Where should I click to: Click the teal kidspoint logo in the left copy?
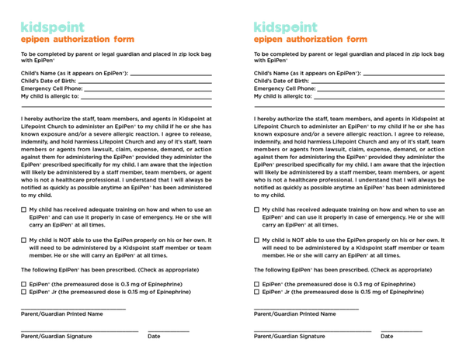click(x=52, y=27)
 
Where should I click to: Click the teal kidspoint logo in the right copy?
click(x=285, y=27)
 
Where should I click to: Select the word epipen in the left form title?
click(x=34, y=40)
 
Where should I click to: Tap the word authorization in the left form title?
click(x=82, y=40)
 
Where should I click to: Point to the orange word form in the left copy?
click(x=124, y=40)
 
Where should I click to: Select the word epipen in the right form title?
click(x=267, y=40)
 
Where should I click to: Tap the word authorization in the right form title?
click(x=315, y=40)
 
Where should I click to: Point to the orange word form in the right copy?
click(x=357, y=40)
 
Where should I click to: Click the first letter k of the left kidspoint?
click(x=23, y=27)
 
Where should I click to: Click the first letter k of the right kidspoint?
click(x=256, y=27)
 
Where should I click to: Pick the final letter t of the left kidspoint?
click(x=82, y=27)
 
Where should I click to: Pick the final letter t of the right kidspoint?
click(x=315, y=27)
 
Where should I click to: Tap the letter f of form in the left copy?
click(x=116, y=40)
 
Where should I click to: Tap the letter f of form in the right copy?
click(x=349, y=40)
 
